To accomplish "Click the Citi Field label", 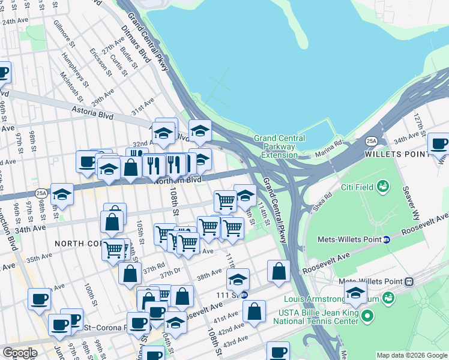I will click(355, 187).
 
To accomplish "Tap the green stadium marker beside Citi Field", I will click(381, 187).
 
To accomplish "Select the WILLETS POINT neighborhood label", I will click(394, 154).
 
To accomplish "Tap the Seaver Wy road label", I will click(413, 199).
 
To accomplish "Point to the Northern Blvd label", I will click(178, 179).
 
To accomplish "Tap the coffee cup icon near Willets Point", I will click(439, 145).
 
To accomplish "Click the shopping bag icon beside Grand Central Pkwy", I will click(279, 271).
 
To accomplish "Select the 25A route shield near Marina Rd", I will click(372, 141).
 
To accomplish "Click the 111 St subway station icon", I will click(244, 295).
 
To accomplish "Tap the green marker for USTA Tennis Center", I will click(367, 314).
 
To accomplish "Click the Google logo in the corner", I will click(20, 353).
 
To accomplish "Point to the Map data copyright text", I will click(411, 355).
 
